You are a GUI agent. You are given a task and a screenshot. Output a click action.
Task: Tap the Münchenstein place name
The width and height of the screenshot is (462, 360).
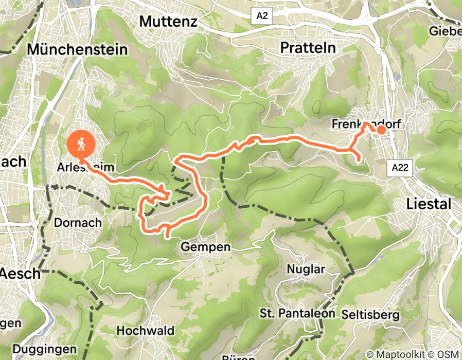point(77,49)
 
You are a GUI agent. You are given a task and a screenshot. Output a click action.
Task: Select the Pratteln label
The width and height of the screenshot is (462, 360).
point(308,47)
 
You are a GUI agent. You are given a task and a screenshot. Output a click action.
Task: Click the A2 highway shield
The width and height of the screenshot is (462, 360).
point(262,16)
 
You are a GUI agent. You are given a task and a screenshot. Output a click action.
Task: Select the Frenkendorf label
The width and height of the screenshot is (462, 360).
point(359,124)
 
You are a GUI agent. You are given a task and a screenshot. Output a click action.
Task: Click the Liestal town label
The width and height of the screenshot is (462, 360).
point(429,204)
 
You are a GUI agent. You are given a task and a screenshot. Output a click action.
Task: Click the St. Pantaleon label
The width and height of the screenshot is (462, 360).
point(297,313)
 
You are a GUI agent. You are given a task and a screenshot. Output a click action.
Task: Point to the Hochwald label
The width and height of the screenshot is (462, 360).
point(146,330)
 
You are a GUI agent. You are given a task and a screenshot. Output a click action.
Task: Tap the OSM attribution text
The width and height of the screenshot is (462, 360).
point(449,354)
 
